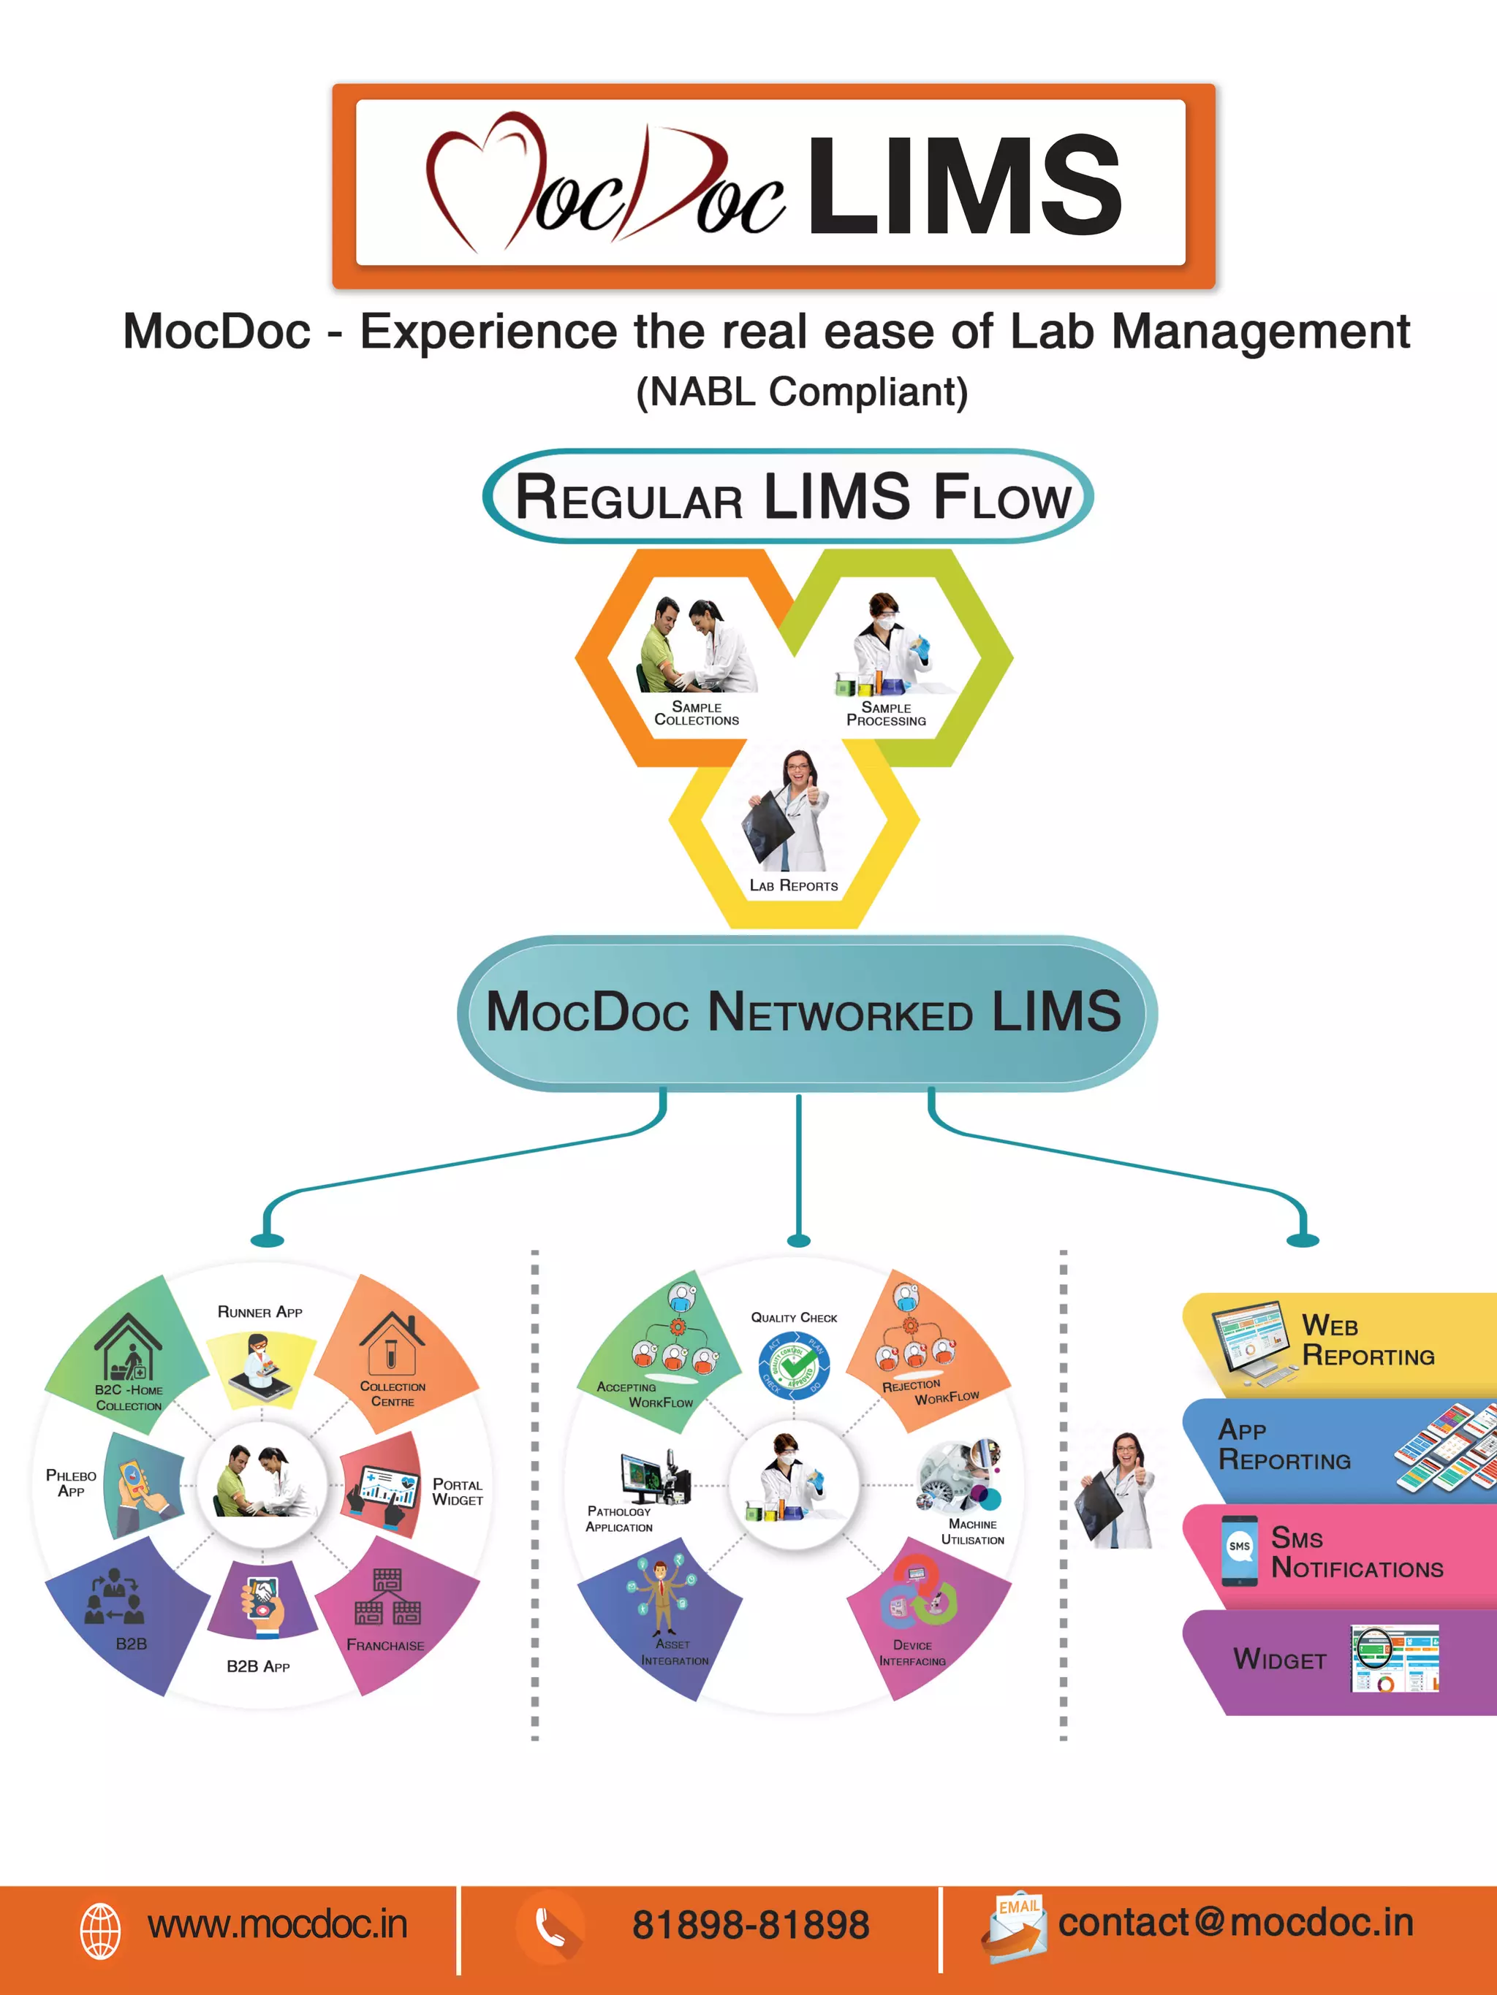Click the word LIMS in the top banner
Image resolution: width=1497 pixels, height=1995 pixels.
(x=963, y=187)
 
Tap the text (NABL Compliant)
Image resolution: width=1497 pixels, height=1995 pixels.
(x=801, y=392)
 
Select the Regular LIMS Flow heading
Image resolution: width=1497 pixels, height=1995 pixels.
(x=792, y=497)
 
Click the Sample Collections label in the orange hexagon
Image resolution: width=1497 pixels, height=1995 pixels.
(x=696, y=714)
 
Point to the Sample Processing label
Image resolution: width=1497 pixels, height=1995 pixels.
(x=885, y=714)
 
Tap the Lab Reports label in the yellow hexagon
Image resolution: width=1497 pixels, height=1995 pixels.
(x=793, y=885)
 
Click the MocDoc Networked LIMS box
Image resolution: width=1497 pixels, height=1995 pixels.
(x=804, y=1012)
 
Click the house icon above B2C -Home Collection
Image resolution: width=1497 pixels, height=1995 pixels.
(x=128, y=1346)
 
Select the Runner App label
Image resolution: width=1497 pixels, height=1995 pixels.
(x=260, y=1312)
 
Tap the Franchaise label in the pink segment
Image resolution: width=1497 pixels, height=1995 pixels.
(x=385, y=1645)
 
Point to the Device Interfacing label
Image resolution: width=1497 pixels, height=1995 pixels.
(x=912, y=1653)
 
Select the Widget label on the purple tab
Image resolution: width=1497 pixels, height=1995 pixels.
(x=1279, y=1660)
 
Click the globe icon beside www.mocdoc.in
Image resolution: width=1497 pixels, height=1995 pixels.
(x=100, y=1931)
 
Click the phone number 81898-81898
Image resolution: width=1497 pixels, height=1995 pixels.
(x=750, y=1925)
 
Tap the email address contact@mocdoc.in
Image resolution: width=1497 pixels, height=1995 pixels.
(x=1235, y=1923)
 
